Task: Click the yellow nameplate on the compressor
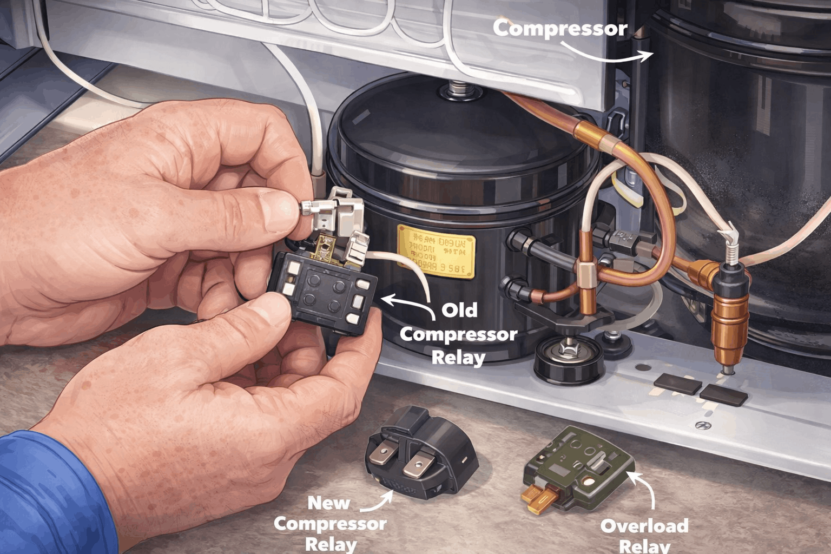click(x=436, y=251)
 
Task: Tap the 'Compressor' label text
click(x=559, y=29)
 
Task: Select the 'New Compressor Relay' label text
click(x=329, y=523)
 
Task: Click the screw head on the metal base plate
click(x=703, y=426)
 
